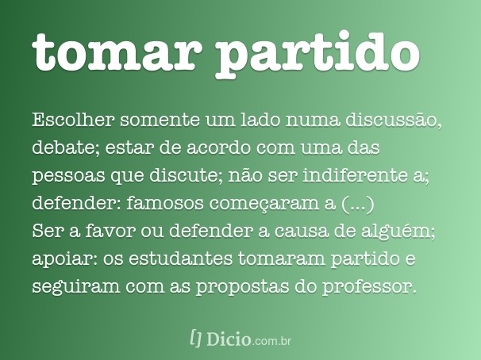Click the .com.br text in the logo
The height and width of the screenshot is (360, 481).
(274, 341)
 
